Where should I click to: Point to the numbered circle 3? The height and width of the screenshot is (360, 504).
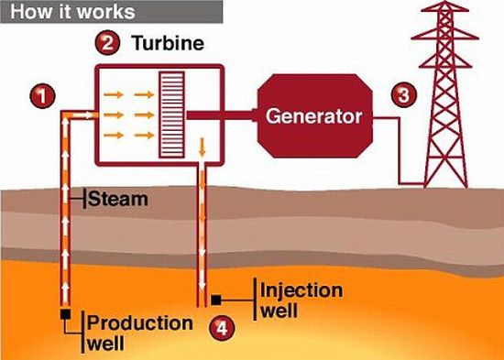click(x=402, y=93)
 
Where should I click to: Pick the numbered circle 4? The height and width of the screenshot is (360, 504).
click(x=220, y=325)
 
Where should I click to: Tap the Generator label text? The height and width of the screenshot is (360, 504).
click(x=314, y=117)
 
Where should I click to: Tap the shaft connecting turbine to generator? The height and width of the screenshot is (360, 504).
click(x=225, y=116)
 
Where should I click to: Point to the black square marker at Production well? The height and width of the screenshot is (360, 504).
click(x=66, y=316)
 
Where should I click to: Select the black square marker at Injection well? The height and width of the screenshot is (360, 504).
click(x=216, y=298)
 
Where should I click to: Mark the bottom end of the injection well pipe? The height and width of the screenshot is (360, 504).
click(x=199, y=302)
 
